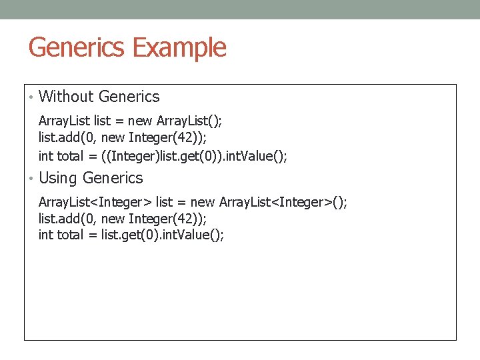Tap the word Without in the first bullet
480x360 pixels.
point(67,97)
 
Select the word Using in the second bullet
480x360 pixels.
point(59,178)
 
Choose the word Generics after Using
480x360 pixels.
point(113,178)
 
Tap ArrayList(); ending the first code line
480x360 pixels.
point(189,121)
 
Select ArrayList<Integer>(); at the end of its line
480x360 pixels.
point(283,202)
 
